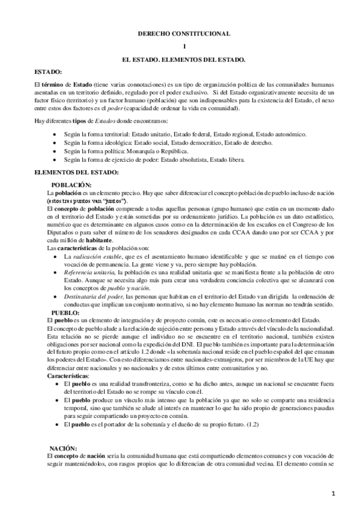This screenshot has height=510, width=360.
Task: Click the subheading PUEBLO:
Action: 65,313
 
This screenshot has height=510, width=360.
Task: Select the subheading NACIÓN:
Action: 64,448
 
